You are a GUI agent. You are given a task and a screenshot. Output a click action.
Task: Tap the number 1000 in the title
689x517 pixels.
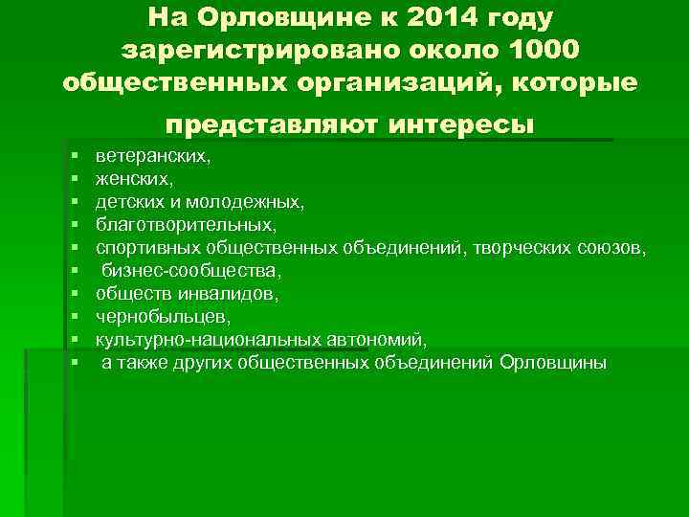537,48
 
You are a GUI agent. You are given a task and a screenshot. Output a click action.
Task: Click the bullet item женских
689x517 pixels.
136,178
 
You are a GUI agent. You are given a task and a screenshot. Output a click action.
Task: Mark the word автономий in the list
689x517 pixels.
379,340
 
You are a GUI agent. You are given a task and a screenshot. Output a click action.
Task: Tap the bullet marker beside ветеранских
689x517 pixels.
74,155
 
